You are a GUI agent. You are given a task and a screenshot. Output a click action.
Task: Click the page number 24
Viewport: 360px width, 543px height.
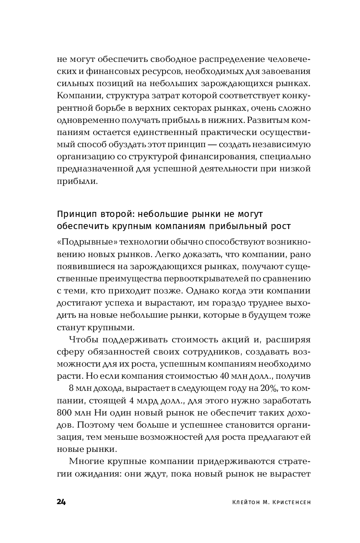click(x=61, y=502)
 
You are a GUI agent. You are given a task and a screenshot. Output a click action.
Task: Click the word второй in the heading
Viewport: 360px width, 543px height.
click(x=105, y=214)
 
